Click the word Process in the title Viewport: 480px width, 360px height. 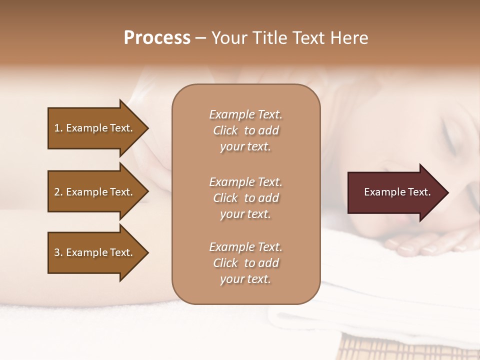[x=157, y=38]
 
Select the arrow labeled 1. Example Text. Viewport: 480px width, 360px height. [x=95, y=128]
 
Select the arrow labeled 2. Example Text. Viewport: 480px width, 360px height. [x=95, y=192]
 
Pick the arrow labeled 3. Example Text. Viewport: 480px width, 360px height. [x=95, y=252]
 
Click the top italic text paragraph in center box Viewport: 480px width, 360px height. [x=245, y=130]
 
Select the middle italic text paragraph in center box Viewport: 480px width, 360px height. [x=245, y=198]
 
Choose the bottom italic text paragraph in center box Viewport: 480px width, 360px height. [x=245, y=263]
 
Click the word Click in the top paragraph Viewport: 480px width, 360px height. [x=225, y=130]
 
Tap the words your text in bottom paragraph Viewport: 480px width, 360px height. [x=245, y=279]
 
